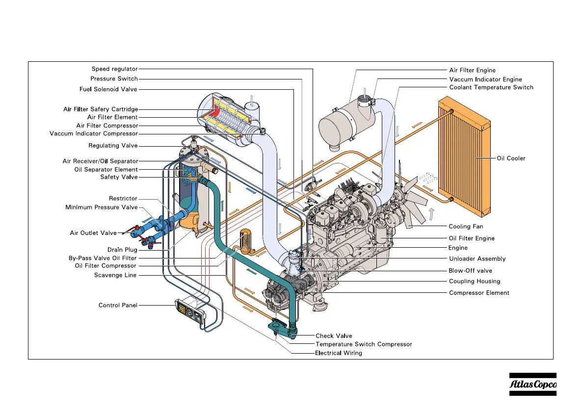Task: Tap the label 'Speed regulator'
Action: pos(115,69)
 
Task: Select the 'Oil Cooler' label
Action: pos(511,158)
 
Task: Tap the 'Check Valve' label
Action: pos(334,336)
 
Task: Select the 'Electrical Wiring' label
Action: pos(339,353)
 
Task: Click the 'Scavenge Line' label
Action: pos(115,275)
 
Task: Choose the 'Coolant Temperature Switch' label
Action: pos(491,87)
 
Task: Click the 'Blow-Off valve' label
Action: pos(470,270)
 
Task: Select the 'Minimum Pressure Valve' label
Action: pos(102,207)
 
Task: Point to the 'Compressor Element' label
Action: pos(479,293)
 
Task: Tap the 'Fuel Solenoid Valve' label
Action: pos(108,89)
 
